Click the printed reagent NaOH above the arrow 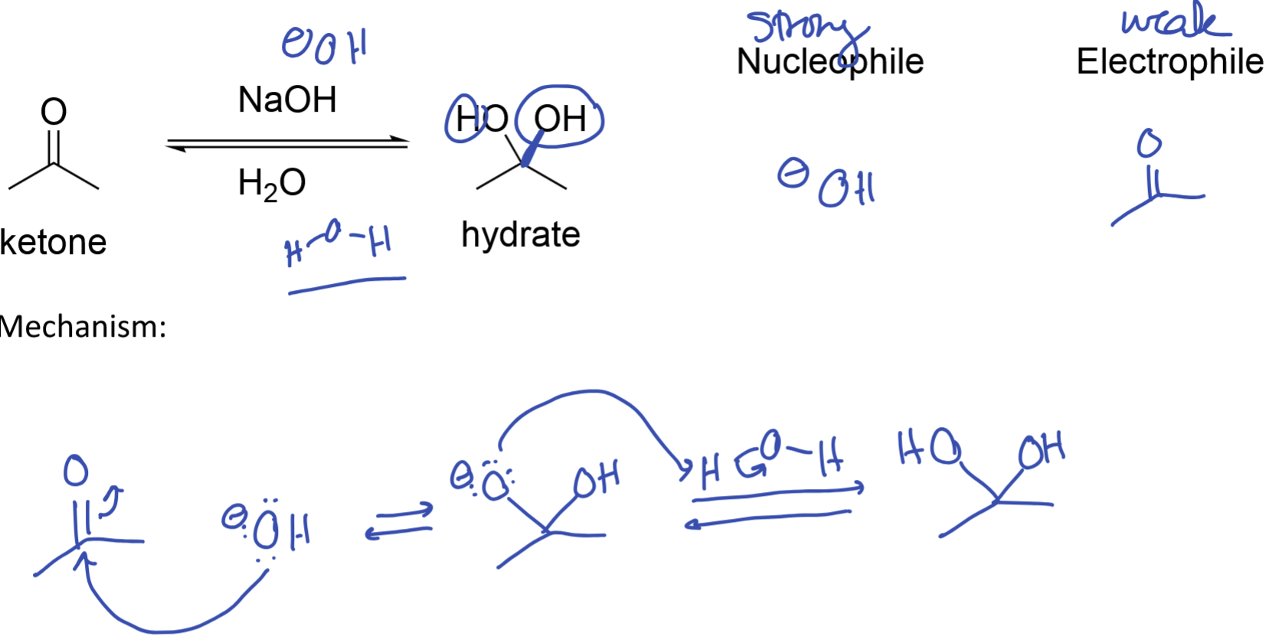coord(287,99)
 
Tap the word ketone coord(53,243)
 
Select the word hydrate coord(520,234)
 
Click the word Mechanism coord(83,327)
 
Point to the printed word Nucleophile coord(829,62)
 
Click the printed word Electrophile coord(1169,62)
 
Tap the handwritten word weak coord(1175,21)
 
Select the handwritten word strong coord(806,28)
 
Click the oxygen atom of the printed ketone coord(54,112)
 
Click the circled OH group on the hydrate coord(560,119)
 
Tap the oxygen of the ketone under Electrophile coord(1149,143)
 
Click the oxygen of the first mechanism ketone coord(76,470)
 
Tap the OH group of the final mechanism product coord(1041,450)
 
